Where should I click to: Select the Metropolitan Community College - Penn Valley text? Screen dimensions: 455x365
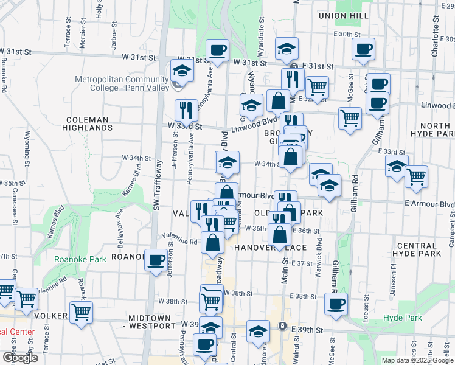122,83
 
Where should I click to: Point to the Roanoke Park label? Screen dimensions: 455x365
80,259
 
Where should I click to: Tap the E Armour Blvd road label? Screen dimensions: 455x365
428,204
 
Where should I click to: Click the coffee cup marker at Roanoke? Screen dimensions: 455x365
156,259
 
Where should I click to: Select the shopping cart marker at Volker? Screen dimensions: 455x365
81,311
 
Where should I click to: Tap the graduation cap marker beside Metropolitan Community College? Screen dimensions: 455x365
182,71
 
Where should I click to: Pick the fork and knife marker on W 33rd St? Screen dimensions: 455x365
186,110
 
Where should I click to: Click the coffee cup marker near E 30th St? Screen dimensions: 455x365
363,49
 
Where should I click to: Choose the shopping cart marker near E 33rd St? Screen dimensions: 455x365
417,176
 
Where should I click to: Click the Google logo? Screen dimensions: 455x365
19,358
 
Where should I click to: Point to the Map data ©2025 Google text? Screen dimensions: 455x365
417,360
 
